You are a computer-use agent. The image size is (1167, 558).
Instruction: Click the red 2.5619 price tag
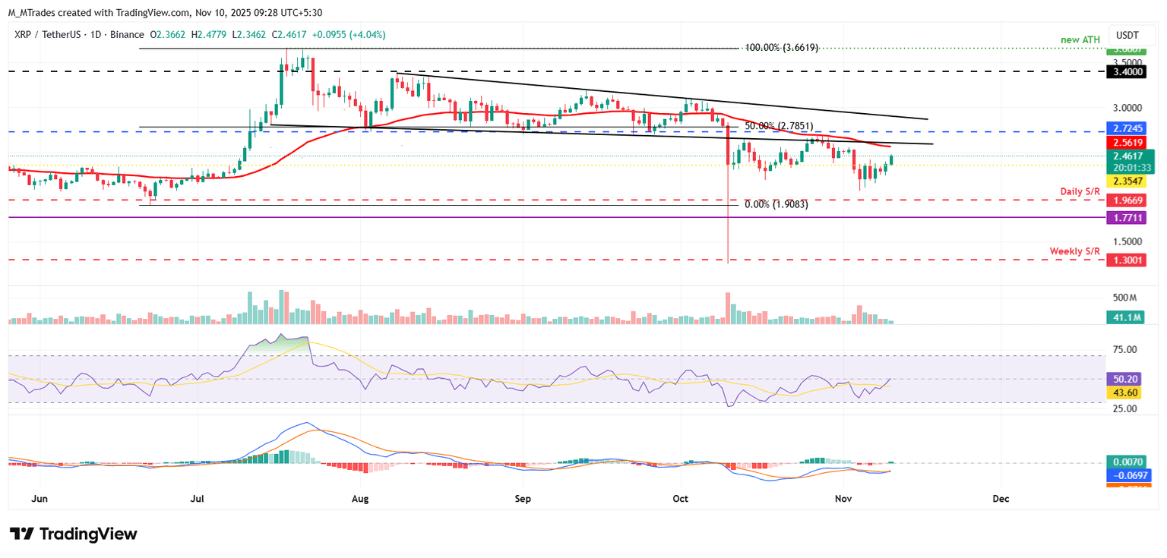click(1130, 142)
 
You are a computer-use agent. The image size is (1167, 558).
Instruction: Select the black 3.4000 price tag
click(1130, 71)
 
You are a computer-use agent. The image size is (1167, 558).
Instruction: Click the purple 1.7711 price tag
click(1130, 217)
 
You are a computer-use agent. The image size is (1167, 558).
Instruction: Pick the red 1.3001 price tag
click(1130, 260)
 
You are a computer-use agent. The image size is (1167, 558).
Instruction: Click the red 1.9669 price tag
click(1130, 200)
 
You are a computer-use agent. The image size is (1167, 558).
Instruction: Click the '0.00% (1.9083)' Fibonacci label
click(776, 204)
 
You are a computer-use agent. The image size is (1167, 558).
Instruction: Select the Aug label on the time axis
click(361, 499)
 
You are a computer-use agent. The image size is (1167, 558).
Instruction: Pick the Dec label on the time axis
click(1001, 499)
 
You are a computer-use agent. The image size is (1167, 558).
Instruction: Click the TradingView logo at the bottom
click(73, 534)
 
